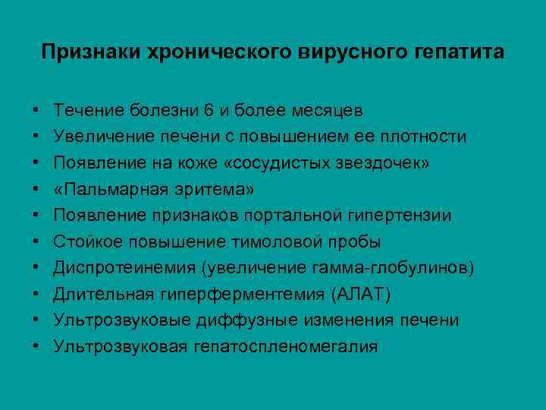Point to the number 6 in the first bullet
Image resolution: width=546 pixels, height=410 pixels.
click(x=209, y=110)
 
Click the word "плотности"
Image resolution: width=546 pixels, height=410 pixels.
click(x=425, y=137)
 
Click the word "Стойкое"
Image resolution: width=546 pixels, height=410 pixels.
click(x=86, y=241)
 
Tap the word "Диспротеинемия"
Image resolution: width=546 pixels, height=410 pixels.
click(x=118, y=268)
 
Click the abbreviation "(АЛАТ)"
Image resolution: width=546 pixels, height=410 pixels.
click(x=367, y=294)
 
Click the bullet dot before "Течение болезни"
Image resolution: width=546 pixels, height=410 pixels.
click(x=37, y=111)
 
